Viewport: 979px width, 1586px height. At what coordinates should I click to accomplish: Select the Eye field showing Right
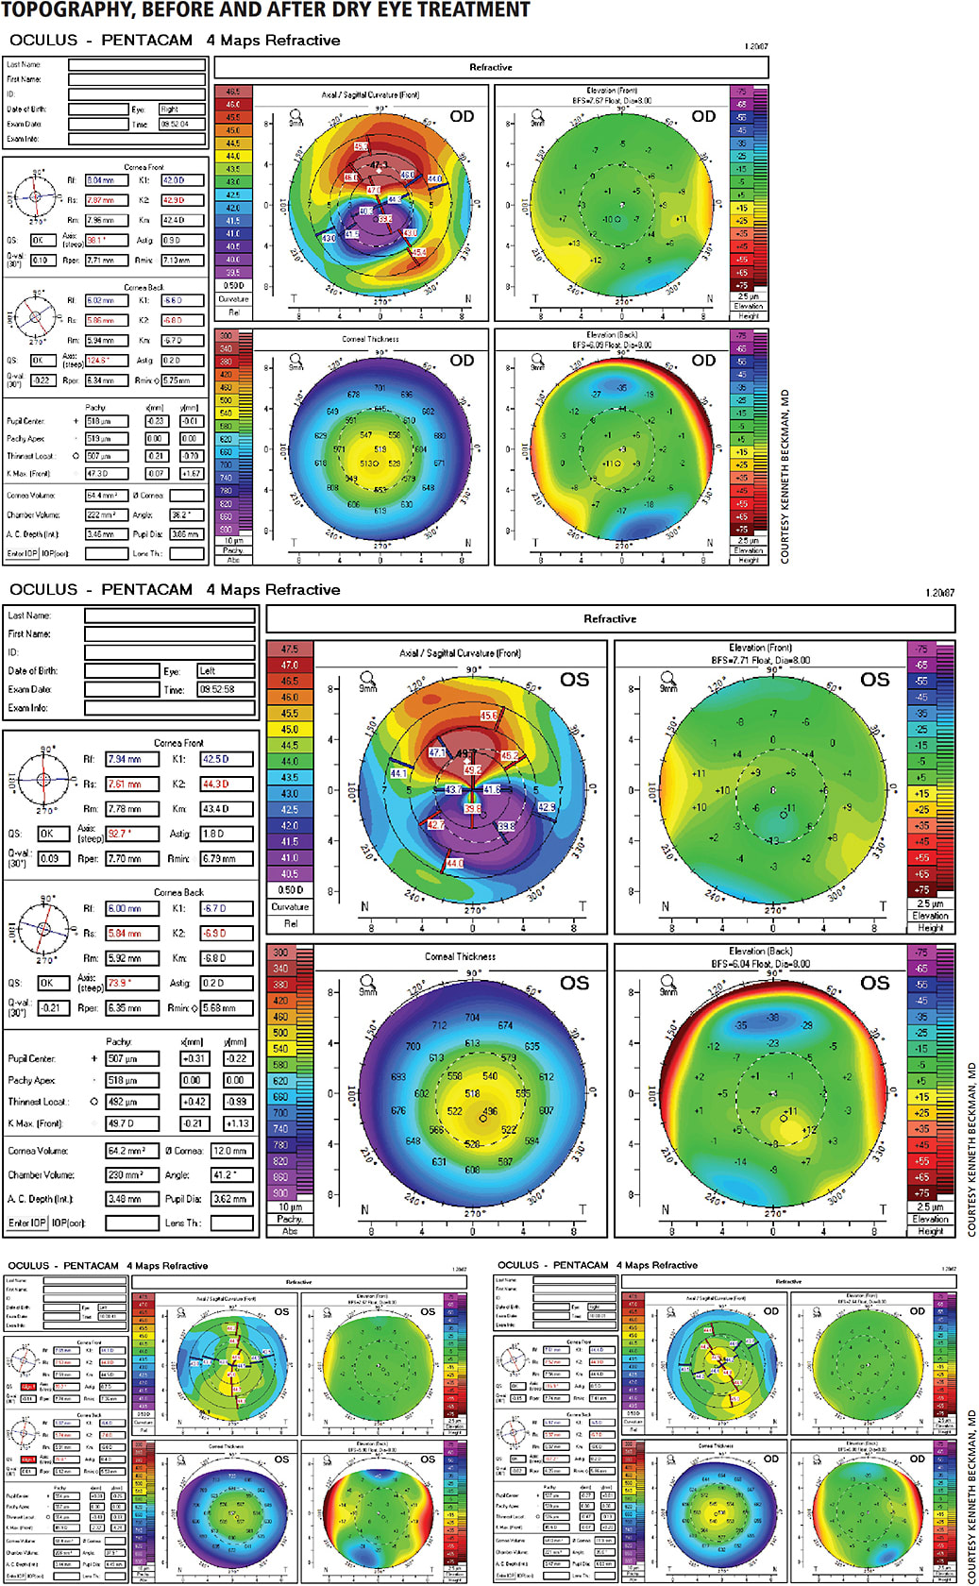[x=181, y=109]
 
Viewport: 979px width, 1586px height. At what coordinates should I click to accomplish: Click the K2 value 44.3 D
[x=227, y=784]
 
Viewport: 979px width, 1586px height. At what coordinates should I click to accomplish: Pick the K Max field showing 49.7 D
[x=131, y=1123]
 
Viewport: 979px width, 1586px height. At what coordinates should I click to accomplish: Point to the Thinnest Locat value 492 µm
[x=131, y=1102]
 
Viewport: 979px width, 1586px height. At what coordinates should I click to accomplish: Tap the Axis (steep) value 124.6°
[x=106, y=360]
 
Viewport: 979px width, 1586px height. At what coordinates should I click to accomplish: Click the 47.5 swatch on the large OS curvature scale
[x=290, y=650]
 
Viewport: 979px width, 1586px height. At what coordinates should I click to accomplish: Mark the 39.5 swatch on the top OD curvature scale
[x=232, y=272]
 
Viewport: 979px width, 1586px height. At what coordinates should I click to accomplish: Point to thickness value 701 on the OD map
[x=380, y=388]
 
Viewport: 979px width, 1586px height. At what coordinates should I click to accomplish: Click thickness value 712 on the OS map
[x=439, y=1025]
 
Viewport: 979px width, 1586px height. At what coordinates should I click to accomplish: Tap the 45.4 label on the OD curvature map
[x=418, y=252]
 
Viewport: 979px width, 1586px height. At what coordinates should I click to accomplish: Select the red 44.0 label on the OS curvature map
[x=454, y=863]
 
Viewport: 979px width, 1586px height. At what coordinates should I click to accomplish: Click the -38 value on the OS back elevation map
[x=773, y=1018]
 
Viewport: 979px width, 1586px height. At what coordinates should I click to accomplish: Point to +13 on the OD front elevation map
[x=574, y=244]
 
